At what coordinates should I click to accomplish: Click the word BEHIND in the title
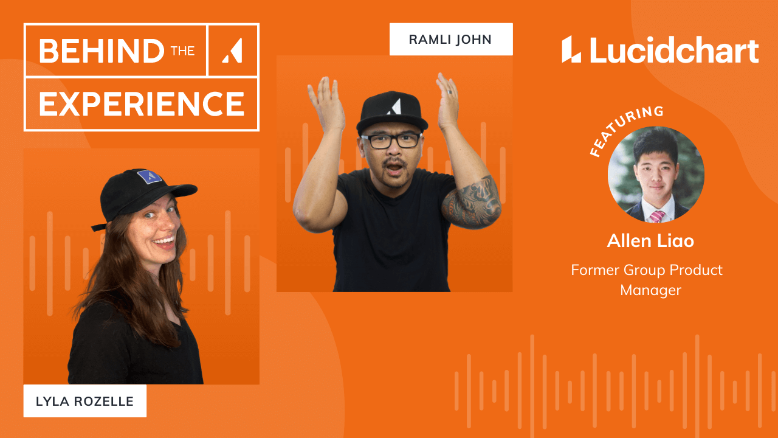coord(102,50)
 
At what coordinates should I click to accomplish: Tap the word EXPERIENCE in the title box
coord(142,103)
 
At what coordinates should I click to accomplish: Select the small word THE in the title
coord(183,51)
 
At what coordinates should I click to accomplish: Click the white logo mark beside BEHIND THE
coord(232,50)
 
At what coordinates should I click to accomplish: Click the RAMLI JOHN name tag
coord(451,40)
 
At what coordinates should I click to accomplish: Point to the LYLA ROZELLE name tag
coord(84,401)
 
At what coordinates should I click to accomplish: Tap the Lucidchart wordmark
coord(674,50)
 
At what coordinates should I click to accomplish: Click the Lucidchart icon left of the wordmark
coord(571,49)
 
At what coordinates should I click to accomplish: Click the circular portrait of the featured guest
coord(656,174)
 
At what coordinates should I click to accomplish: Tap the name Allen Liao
coord(650,240)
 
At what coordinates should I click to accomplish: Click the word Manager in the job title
coord(650,290)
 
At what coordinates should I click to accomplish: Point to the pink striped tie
coord(656,216)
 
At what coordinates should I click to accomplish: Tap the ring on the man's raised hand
coord(449,92)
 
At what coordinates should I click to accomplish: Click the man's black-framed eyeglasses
coord(391,141)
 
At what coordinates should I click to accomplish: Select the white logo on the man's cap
coord(394,106)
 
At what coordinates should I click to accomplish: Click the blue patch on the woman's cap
coord(150,176)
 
